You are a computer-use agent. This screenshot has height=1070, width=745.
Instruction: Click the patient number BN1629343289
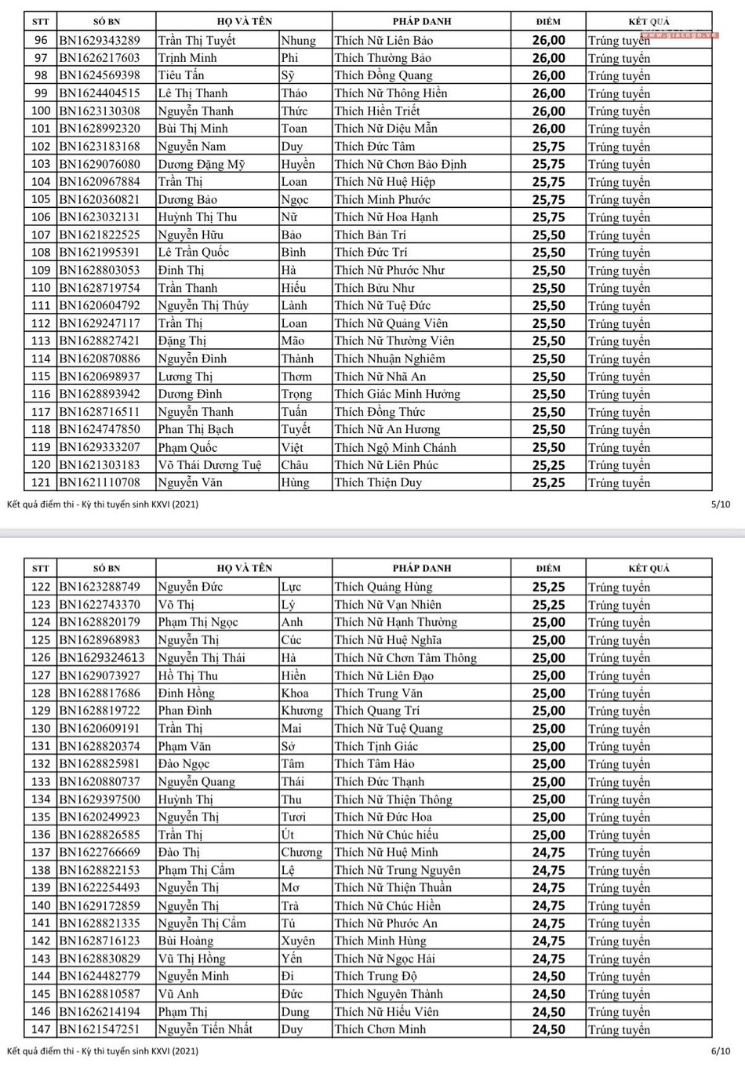[x=100, y=40]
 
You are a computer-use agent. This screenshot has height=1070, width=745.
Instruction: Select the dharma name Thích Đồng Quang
[x=383, y=75]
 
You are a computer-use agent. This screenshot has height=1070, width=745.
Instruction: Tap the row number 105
[x=41, y=199]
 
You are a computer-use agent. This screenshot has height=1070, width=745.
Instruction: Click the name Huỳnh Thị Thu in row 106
[x=197, y=217]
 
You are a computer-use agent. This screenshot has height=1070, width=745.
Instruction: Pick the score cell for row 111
[x=548, y=306]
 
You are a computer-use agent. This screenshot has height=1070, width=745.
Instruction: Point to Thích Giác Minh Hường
[x=397, y=395]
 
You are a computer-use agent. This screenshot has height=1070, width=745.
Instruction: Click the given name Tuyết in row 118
[x=296, y=430]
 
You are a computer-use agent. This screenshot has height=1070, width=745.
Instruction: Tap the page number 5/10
[x=720, y=504]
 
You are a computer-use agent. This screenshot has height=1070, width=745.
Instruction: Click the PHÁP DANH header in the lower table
[x=422, y=568]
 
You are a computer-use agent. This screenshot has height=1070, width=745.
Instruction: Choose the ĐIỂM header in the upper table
[x=548, y=21]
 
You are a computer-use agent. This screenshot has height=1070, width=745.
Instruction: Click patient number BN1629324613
[x=102, y=658]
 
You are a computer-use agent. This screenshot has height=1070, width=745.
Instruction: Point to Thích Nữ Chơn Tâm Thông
[x=405, y=658]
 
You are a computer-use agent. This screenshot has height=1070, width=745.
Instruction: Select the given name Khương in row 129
[x=302, y=711]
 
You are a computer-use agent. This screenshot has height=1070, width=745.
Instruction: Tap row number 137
[x=41, y=853]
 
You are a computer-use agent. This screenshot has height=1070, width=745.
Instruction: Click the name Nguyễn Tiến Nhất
[x=205, y=1029]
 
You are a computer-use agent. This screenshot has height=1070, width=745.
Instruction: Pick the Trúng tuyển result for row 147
[x=619, y=1029]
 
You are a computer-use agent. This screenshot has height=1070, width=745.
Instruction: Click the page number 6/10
[x=720, y=1050]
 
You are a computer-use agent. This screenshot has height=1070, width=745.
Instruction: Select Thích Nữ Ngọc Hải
[x=384, y=959]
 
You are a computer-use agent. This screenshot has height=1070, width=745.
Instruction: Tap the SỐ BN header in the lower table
[x=107, y=568]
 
